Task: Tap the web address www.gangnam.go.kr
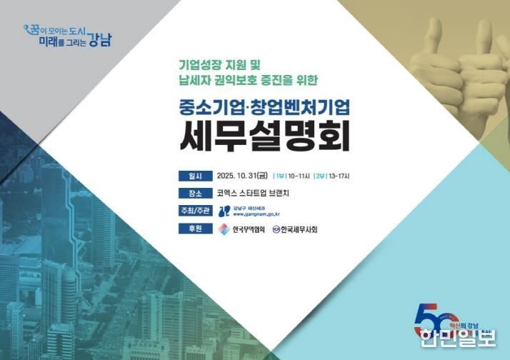(x=256, y=214)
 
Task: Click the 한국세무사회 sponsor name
(x=299, y=229)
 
